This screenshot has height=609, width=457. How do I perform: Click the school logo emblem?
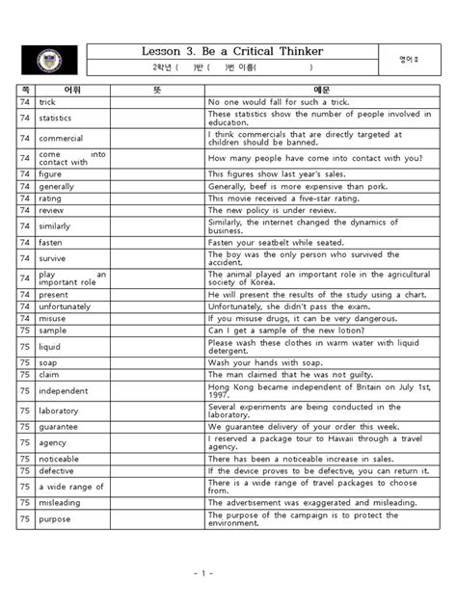pyautogui.click(x=49, y=60)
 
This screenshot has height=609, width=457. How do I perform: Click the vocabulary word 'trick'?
pyautogui.click(x=47, y=101)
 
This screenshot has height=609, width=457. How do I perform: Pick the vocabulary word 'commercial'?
pyautogui.click(x=60, y=138)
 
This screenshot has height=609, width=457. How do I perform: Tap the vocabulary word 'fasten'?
pyautogui.click(x=50, y=242)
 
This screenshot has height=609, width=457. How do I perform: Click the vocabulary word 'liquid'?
pyautogui.click(x=49, y=345)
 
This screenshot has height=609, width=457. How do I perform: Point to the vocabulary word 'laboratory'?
pyautogui.click(x=59, y=410)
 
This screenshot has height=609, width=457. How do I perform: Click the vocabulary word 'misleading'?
pyautogui.click(x=60, y=502)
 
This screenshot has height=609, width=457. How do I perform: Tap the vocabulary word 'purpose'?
pyautogui.click(x=54, y=519)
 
